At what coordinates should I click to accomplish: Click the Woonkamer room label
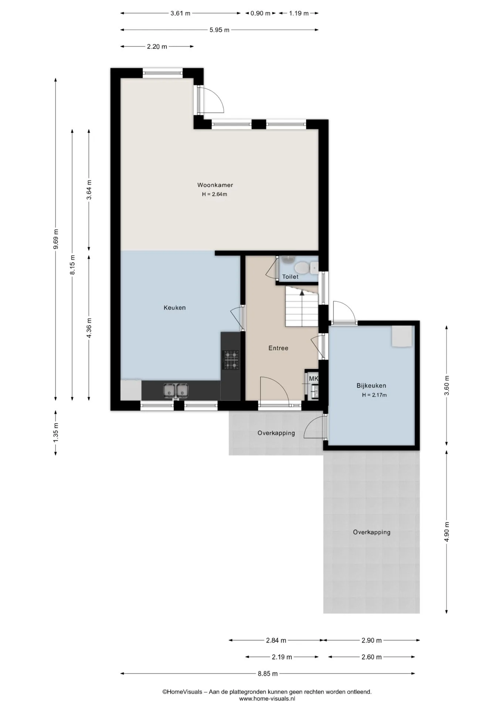(215, 185)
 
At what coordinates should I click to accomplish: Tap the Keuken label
(174, 308)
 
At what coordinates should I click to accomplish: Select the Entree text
(278, 348)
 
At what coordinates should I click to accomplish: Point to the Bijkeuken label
(371, 386)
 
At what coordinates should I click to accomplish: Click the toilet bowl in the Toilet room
(301, 267)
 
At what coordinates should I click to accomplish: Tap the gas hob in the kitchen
(231, 360)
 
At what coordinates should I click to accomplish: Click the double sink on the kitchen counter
(176, 390)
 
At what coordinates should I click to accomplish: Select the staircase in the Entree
(302, 308)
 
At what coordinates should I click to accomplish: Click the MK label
(313, 379)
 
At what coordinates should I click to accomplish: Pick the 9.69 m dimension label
(56, 239)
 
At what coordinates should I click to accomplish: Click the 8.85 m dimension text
(268, 673)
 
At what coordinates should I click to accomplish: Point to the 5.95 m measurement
(220, 30)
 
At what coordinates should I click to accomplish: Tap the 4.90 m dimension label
(447, 532)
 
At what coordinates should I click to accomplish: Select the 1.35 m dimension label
(56, 432)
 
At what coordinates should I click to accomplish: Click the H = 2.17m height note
(374, 395)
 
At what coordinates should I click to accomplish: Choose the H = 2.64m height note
(214, 194)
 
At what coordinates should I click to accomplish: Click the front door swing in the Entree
(274, 388)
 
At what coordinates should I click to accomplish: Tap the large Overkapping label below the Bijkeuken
(372, 532)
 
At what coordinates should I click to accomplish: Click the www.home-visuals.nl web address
(267, 699)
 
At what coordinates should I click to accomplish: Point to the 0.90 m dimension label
(261, 13)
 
